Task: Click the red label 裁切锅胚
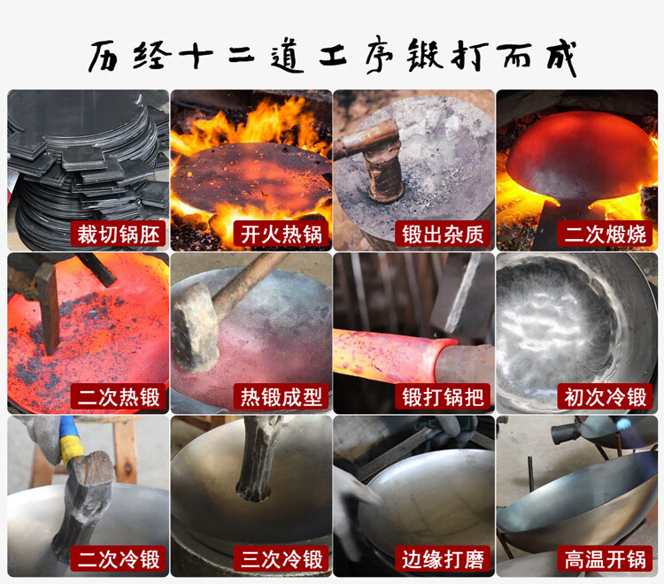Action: click(118, 234)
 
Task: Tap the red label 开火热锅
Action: click(282, 234)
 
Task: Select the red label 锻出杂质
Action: click(443, 234)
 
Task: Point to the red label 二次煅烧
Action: click(606, 234)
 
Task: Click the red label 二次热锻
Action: click(118, 396)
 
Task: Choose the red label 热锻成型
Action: click(282, 396)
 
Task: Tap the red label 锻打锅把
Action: click(443, 396)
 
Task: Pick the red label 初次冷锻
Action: click(606, 396)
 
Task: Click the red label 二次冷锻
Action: click(118, 559)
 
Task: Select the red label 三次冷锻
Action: click(282, 559)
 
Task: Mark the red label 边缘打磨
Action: click(443, 559)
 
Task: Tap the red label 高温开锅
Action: click(606, 559)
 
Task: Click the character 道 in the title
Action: click(287, 58)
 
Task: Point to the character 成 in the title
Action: click(561, 58)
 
